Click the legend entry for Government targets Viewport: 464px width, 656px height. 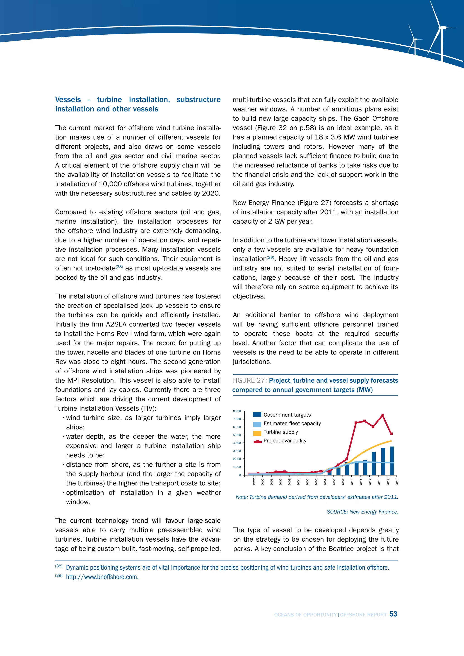pos(287,415)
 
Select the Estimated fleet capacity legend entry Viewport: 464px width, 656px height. pos(292,423)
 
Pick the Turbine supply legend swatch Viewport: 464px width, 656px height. pos(257,433)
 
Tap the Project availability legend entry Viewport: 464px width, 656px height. pos(285,441)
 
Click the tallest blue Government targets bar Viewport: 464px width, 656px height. pos(392,461)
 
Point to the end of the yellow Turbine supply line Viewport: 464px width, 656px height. pos(391,441)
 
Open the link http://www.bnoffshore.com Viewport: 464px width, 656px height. pos(102,577)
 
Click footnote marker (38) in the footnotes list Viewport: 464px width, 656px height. pos(59,566)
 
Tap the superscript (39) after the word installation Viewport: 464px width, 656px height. pos(270,257)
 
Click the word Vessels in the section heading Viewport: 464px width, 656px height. pos(68,99)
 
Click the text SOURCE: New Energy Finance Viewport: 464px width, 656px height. pos(362,512)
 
